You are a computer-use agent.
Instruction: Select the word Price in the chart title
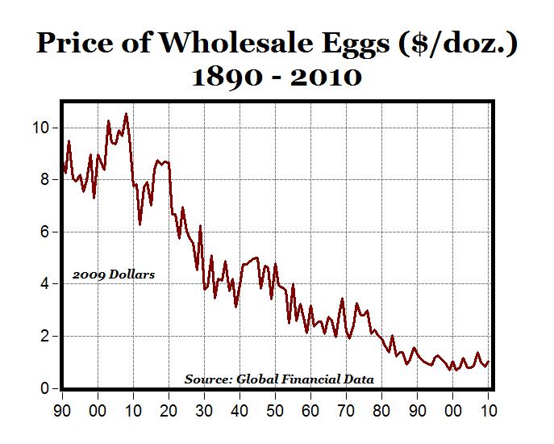pos(77,44)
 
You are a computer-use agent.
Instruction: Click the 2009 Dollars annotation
pos(114,274)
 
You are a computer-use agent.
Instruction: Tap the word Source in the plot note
pos(207,378)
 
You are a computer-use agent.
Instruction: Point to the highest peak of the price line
pos(126,114)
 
